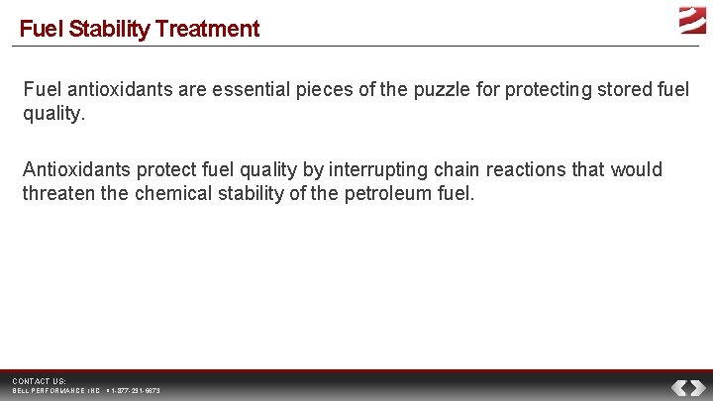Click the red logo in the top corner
pyautogui.click(x=692, y=20)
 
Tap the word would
pyautogui.click(x=637, y=169)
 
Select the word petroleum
pyautogui.click(x=388, y=193)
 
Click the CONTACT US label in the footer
pyautogui.click(x=40, y=381)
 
